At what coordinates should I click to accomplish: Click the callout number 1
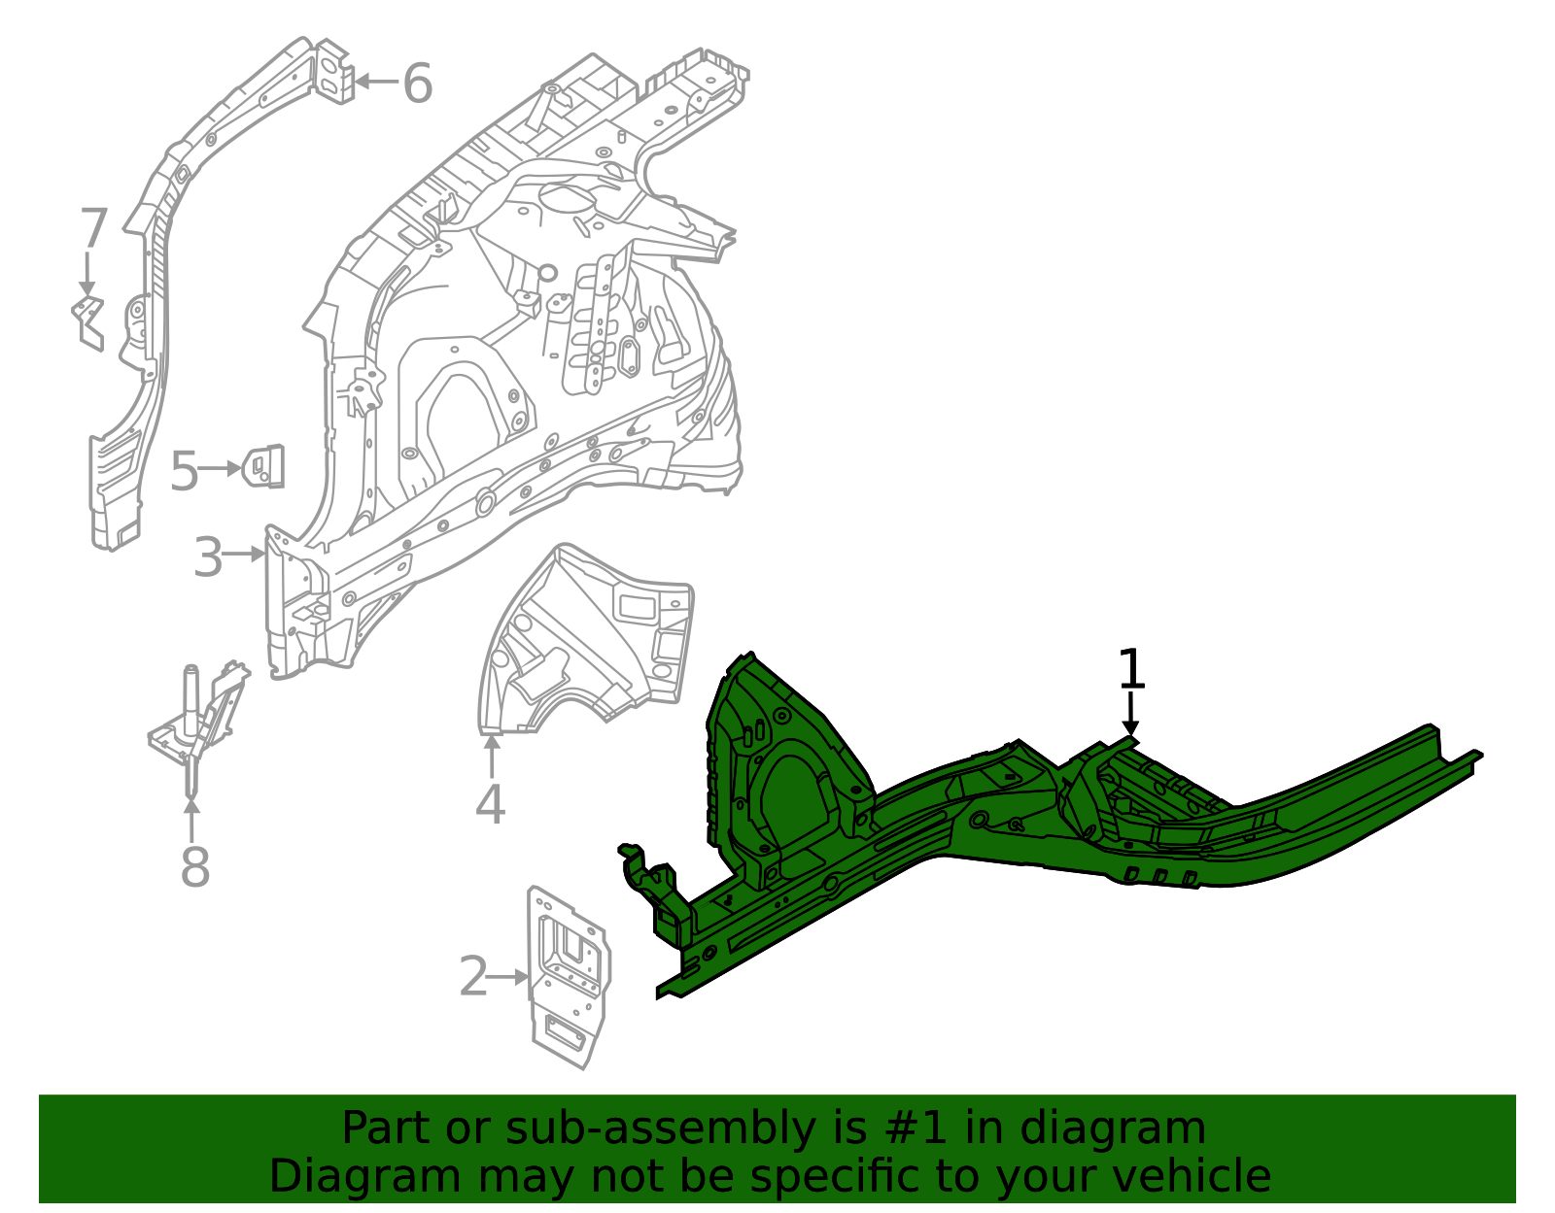(x=1131, y=669)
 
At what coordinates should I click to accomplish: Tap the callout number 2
(x=472, y=977)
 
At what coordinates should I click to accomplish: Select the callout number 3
(x=208, y=557)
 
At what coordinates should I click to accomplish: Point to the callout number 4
(x=490, y=804)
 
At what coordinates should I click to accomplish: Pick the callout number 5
(x=184, y=473)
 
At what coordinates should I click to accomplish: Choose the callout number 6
(x=417, y=84)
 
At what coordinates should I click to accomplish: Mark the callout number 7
(x=92, y=229)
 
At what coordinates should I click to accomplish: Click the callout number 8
(x=194, y=867)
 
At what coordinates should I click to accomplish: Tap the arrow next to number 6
(x=375, y=82)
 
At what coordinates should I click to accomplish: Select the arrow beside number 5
(x=221, y=468)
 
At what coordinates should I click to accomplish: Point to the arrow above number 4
(x=491, y=757)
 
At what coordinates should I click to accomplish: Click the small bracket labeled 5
(x=263, y=466)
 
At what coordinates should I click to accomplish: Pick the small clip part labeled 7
(x=88, y=321)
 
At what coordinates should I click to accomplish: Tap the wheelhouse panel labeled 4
(x=588, y=641)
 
